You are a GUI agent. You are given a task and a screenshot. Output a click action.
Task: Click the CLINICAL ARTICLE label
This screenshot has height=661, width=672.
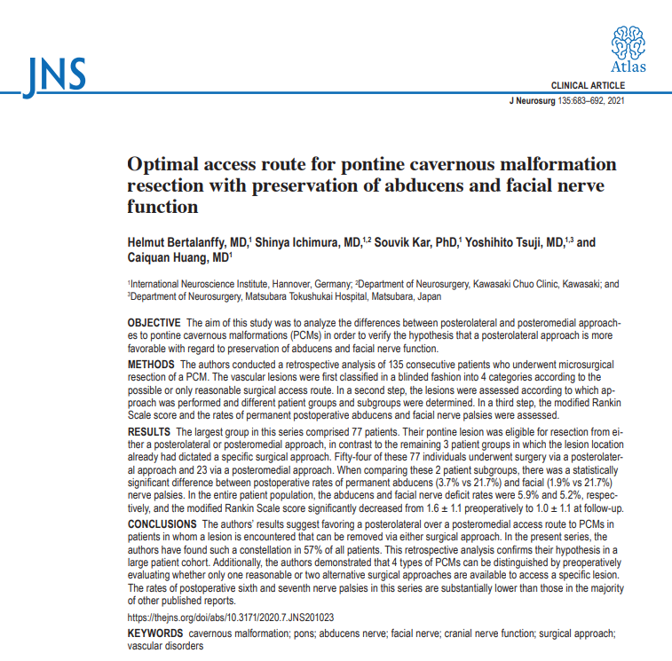click(589, 86)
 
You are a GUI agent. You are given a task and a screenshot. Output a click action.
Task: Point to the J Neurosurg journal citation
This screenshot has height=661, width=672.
click(567, 101)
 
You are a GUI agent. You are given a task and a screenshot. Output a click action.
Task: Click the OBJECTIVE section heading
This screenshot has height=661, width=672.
click(155, 321)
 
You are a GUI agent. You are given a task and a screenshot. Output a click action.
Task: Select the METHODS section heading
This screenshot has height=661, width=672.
click(152, 365)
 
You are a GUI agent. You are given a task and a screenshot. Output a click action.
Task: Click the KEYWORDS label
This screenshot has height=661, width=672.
click(155, 634)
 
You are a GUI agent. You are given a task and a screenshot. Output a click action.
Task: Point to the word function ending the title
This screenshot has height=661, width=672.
click(162, 207)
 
